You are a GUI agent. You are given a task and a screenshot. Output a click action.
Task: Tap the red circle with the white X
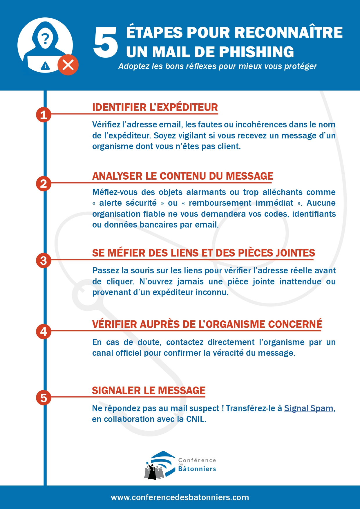click(68, 65)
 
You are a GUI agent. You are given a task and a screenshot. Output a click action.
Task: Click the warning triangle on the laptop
click(45, 66)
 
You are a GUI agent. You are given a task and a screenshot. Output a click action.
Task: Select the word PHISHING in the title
click(256, 52)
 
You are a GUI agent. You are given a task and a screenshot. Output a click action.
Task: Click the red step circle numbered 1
click(44, 115)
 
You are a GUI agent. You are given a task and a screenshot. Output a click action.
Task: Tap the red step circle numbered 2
click(44, 183)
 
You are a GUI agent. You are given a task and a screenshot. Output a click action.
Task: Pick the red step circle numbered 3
click(44, 260)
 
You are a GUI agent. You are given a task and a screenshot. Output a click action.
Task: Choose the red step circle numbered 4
click(44, 331)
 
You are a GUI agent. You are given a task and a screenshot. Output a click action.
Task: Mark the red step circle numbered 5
click(44, 398)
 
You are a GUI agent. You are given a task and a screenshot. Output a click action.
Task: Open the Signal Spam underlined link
click(309, 408)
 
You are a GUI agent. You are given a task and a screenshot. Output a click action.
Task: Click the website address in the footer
click(180, 497)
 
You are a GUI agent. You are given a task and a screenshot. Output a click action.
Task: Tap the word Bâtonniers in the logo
click(197, 469)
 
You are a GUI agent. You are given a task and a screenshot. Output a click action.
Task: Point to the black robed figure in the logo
click(152, 472)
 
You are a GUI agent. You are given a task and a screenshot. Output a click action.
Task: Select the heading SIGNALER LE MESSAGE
click(149, 391)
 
